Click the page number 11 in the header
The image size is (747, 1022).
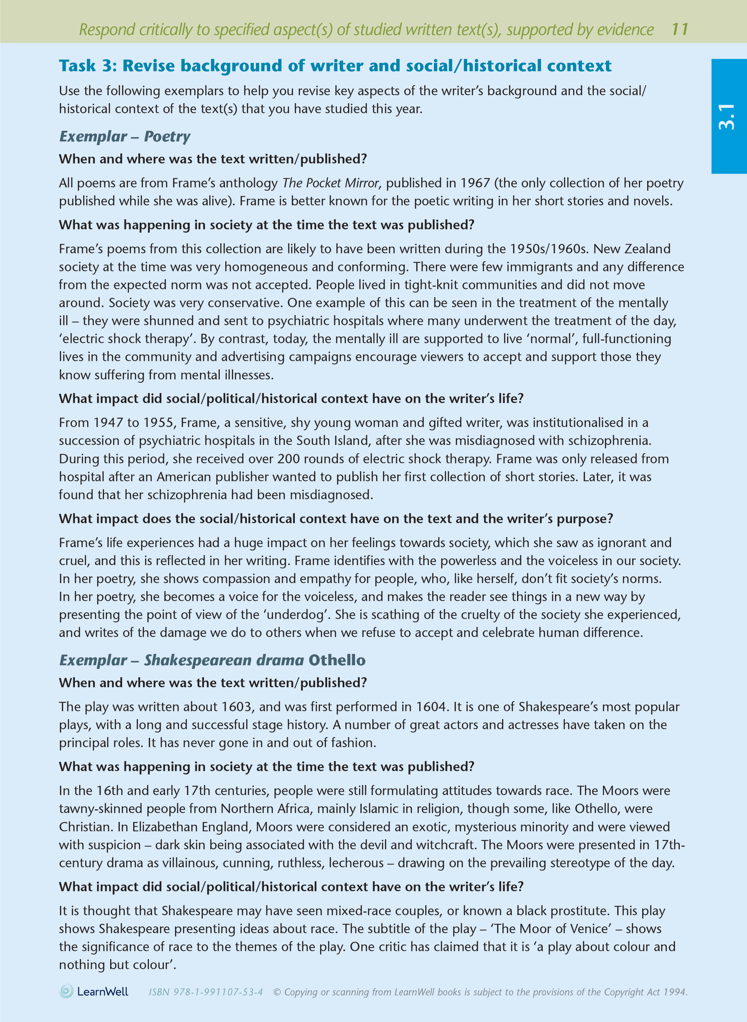(679, 30)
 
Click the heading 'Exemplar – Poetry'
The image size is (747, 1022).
(125, 137)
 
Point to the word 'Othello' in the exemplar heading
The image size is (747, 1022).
(337, 660)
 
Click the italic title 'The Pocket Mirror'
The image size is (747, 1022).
(331, 183)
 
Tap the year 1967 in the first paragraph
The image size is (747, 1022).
(475, 183)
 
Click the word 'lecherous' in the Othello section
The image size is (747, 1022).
(356, 863)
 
